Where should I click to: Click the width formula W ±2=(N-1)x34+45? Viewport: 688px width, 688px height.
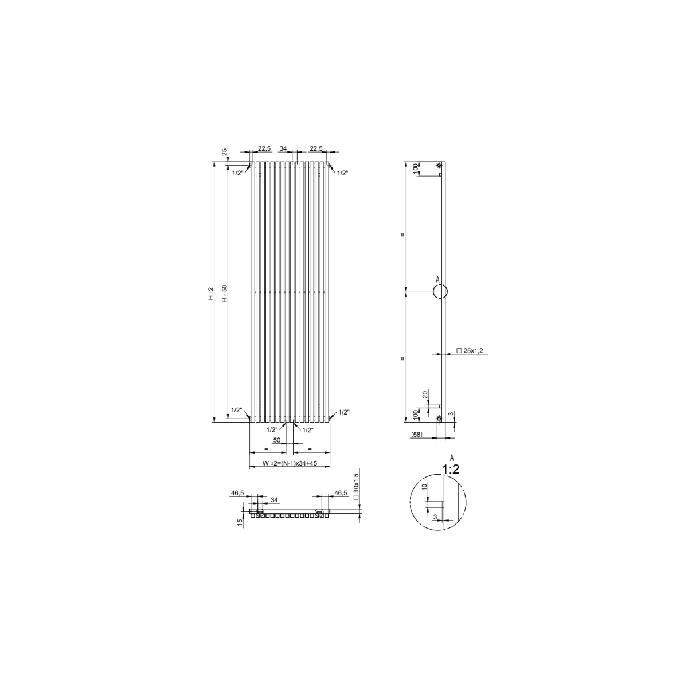290,463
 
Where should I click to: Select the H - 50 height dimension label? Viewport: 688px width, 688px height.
225,294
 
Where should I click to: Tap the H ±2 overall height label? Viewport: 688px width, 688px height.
211,294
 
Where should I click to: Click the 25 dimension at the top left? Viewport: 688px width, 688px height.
225,152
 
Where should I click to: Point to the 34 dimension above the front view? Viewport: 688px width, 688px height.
283,148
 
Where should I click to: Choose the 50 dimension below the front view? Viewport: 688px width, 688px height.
277,440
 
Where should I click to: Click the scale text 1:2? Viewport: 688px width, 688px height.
451,469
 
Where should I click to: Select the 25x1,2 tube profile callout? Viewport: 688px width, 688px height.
470,351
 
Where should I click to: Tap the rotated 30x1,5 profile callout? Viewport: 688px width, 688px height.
355,487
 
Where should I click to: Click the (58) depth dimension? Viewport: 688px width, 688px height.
416,435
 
